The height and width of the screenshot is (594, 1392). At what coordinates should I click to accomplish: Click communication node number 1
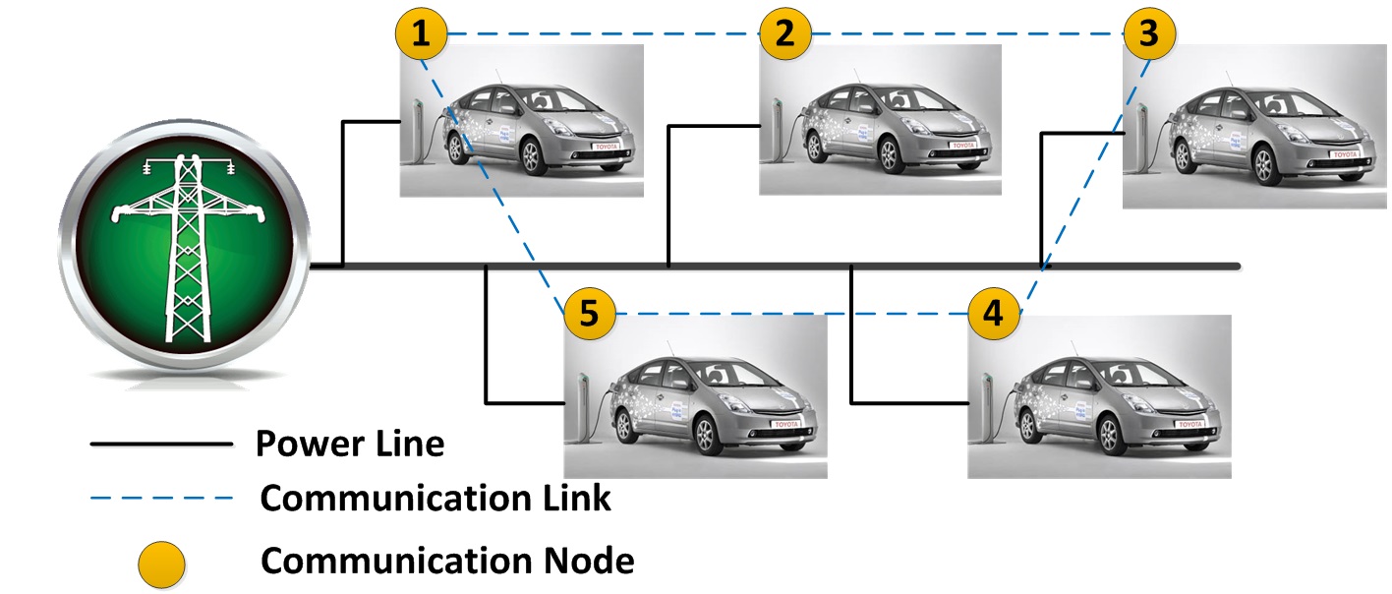(421, 35)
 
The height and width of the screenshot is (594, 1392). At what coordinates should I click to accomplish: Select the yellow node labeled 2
(784, 35)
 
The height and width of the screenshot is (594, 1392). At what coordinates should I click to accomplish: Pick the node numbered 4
(994, 315)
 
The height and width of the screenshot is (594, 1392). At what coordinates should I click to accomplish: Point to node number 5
(588, 315)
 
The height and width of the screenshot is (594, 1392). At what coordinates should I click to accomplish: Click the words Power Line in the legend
(350, 445)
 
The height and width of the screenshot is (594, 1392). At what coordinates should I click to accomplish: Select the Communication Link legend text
(435, 499)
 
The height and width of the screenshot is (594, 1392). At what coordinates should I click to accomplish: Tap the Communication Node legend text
(447, 562)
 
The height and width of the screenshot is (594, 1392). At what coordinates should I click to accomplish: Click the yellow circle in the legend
(161, 564)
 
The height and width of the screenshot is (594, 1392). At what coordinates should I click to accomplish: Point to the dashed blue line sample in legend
(161, 499)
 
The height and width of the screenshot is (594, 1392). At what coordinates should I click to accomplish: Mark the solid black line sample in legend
(161, 445)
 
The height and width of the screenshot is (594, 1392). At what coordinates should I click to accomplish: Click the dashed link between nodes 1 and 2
(602, 34)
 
